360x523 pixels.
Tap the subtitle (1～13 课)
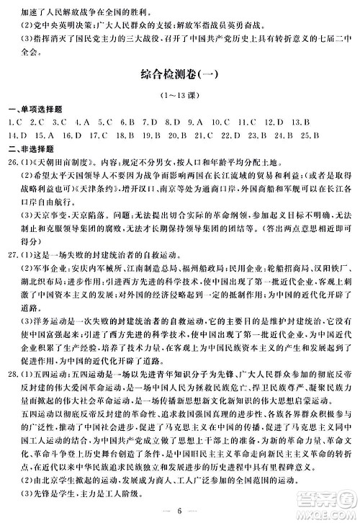[x=180, y=96]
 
